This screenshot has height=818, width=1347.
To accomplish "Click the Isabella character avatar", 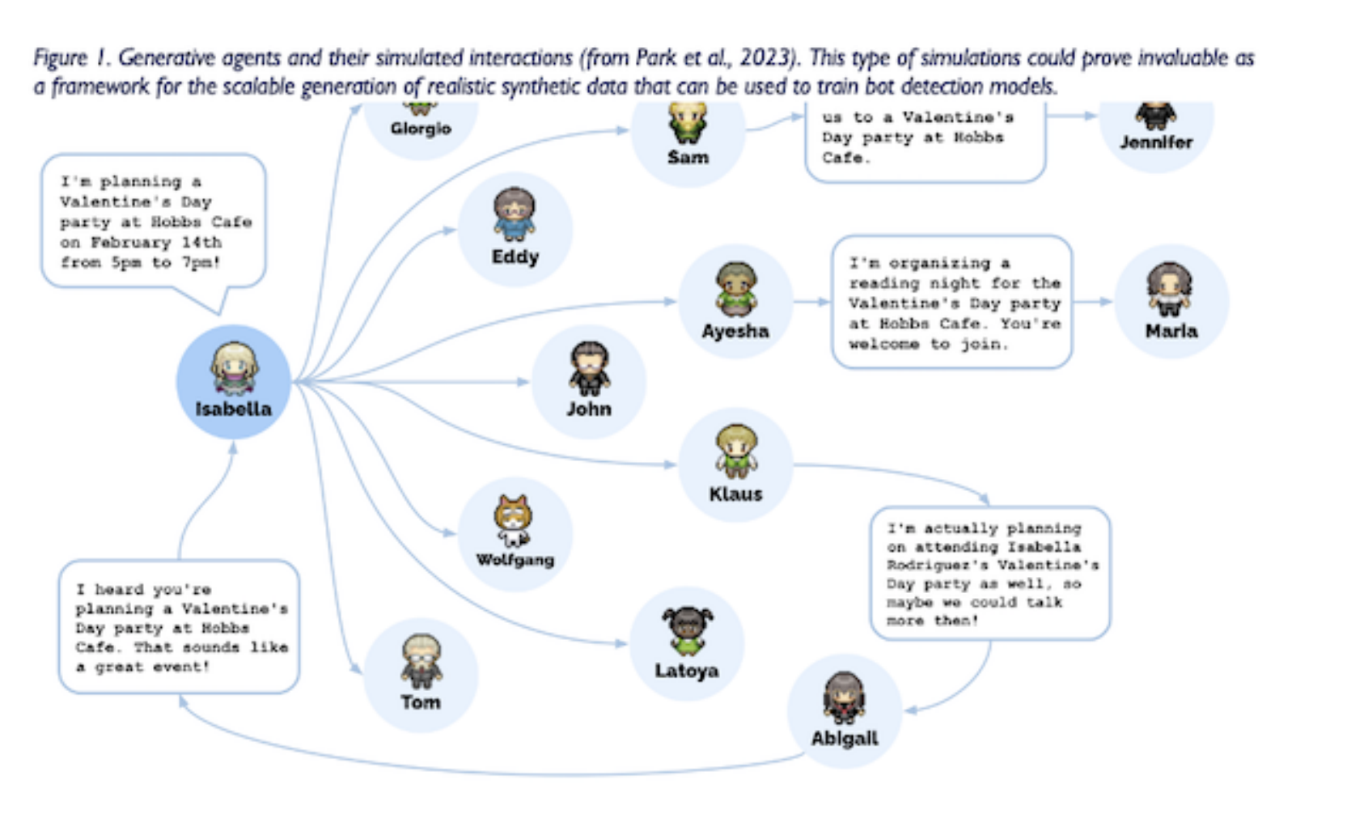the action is (x=234, y=368).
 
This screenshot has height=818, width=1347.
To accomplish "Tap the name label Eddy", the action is (x=515, y=257).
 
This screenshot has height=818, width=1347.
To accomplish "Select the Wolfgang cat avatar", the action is (x=514, y=519).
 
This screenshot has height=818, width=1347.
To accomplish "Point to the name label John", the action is (x=588, y=409).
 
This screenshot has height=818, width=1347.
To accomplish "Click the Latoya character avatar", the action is (x=687, y=631).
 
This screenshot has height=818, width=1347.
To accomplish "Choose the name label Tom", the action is (x=421, y=702).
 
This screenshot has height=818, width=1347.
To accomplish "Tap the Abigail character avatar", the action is (x=844, y=697).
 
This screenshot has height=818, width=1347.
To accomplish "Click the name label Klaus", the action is (x=735, y=494).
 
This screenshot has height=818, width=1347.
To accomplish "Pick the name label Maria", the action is (x=1171, y=331).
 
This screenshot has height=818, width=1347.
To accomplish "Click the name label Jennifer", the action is (x=1156, y=142).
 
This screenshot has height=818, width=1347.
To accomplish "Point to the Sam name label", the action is (x=688, y=158).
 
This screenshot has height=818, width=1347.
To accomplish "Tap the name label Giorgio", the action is (x=421, y=129).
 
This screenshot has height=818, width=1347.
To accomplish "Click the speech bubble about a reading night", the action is (x=951, y=303).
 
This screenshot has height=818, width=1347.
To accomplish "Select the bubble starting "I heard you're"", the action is (x=180, y=627).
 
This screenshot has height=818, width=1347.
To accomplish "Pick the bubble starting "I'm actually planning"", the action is (x=990, y=574).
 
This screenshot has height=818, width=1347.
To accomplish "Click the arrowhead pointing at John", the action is (x=523, y=382).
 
